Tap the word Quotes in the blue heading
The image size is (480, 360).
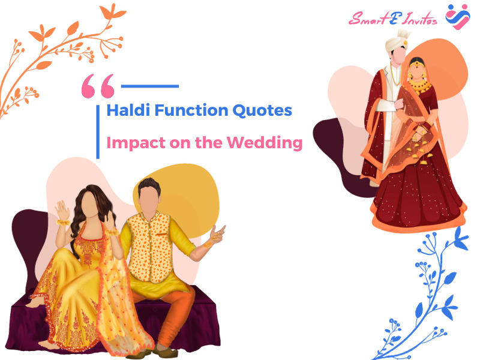pos(262,111)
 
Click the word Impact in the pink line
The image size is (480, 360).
pos(136,143)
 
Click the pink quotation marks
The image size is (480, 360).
pos(98,86)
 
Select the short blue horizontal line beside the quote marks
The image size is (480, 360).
pos(150,86)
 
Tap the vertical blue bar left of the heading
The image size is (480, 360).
pos(98,132)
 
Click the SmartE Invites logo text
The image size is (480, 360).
pos(393,19)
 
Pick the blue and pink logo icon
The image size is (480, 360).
pos(458,17)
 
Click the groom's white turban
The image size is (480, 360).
pos(397,42)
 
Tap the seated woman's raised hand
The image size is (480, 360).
pos(62,211)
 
